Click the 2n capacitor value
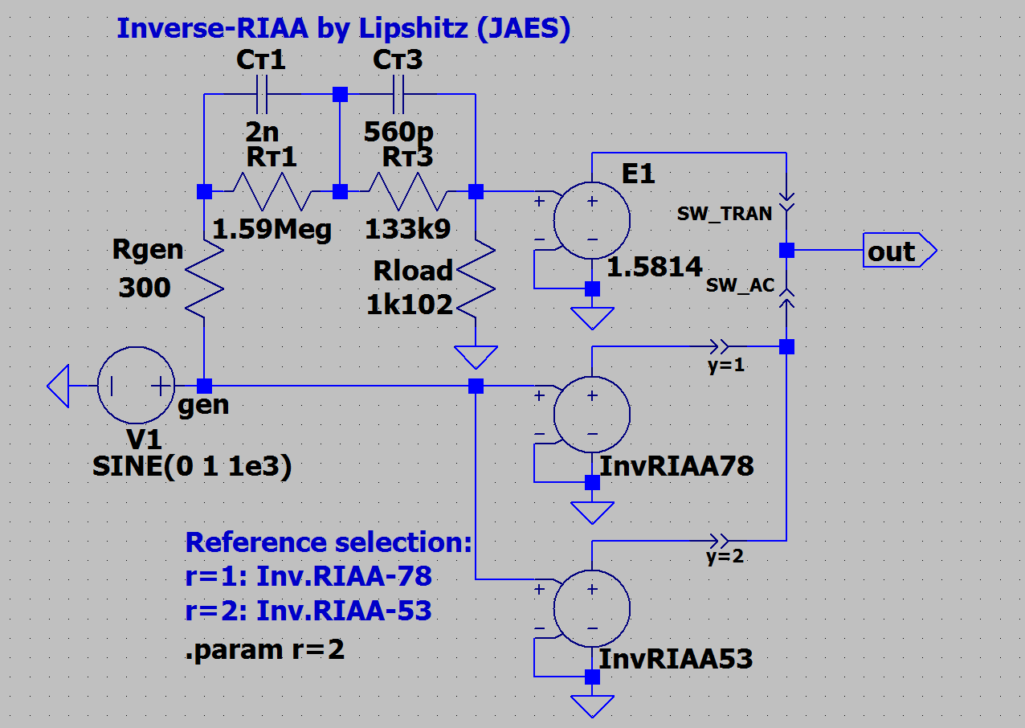(261, 131)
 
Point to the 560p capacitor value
(398, 131)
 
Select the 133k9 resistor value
(407, 230)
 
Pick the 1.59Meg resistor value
(272, 231)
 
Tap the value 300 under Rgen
(145, 287)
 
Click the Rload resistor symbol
(476, 281)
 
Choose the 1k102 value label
(410, 304)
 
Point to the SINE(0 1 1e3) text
(192, 466)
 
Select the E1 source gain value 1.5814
(655, 268)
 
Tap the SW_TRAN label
(724, 214)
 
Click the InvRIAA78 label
(677, 465)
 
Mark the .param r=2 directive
(265, 649)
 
